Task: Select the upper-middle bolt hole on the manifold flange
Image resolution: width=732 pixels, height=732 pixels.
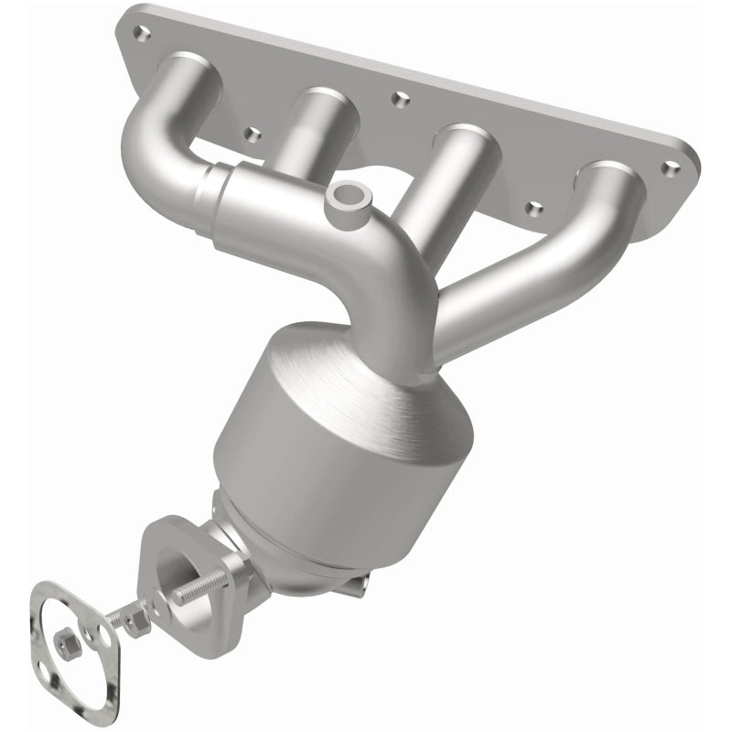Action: pyautogui.click(x=395, y=96)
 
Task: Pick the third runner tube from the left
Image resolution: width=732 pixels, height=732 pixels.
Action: pyautogui.click(x=425, y=192)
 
